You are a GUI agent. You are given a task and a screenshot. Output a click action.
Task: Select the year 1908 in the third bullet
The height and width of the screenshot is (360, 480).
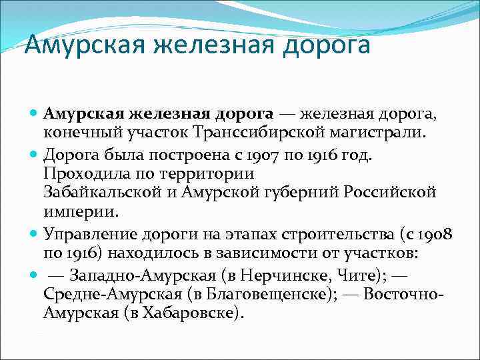436,234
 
